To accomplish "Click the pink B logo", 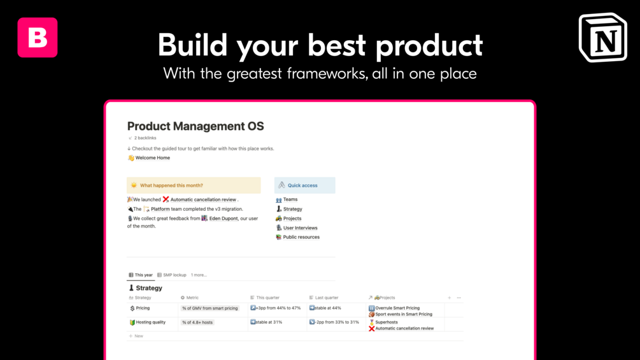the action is (x=38, y=38).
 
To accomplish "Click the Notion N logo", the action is (x=603, y=38).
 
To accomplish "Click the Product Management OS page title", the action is (x=196, y=126).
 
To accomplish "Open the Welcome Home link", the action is (x=152, y=158).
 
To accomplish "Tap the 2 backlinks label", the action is (x=145, y=138).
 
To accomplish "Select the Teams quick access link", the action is (x=290, y=199).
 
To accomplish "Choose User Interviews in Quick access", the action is (x=300, y=227).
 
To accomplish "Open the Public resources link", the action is (x=301, y=237).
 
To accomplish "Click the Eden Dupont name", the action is (x=224, y=219).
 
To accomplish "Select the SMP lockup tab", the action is (x=174, y=275).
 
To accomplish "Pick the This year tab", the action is (x=143, y=275).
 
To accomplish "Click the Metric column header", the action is (x=192, y=298).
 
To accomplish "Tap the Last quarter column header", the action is (x=327, y=298).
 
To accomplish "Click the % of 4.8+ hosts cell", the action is (x=197, y=322).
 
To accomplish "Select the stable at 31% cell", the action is (x=269, y=322).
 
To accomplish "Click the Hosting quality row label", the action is (x=151, y=322).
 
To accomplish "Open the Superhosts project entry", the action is (x=386, y=322).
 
